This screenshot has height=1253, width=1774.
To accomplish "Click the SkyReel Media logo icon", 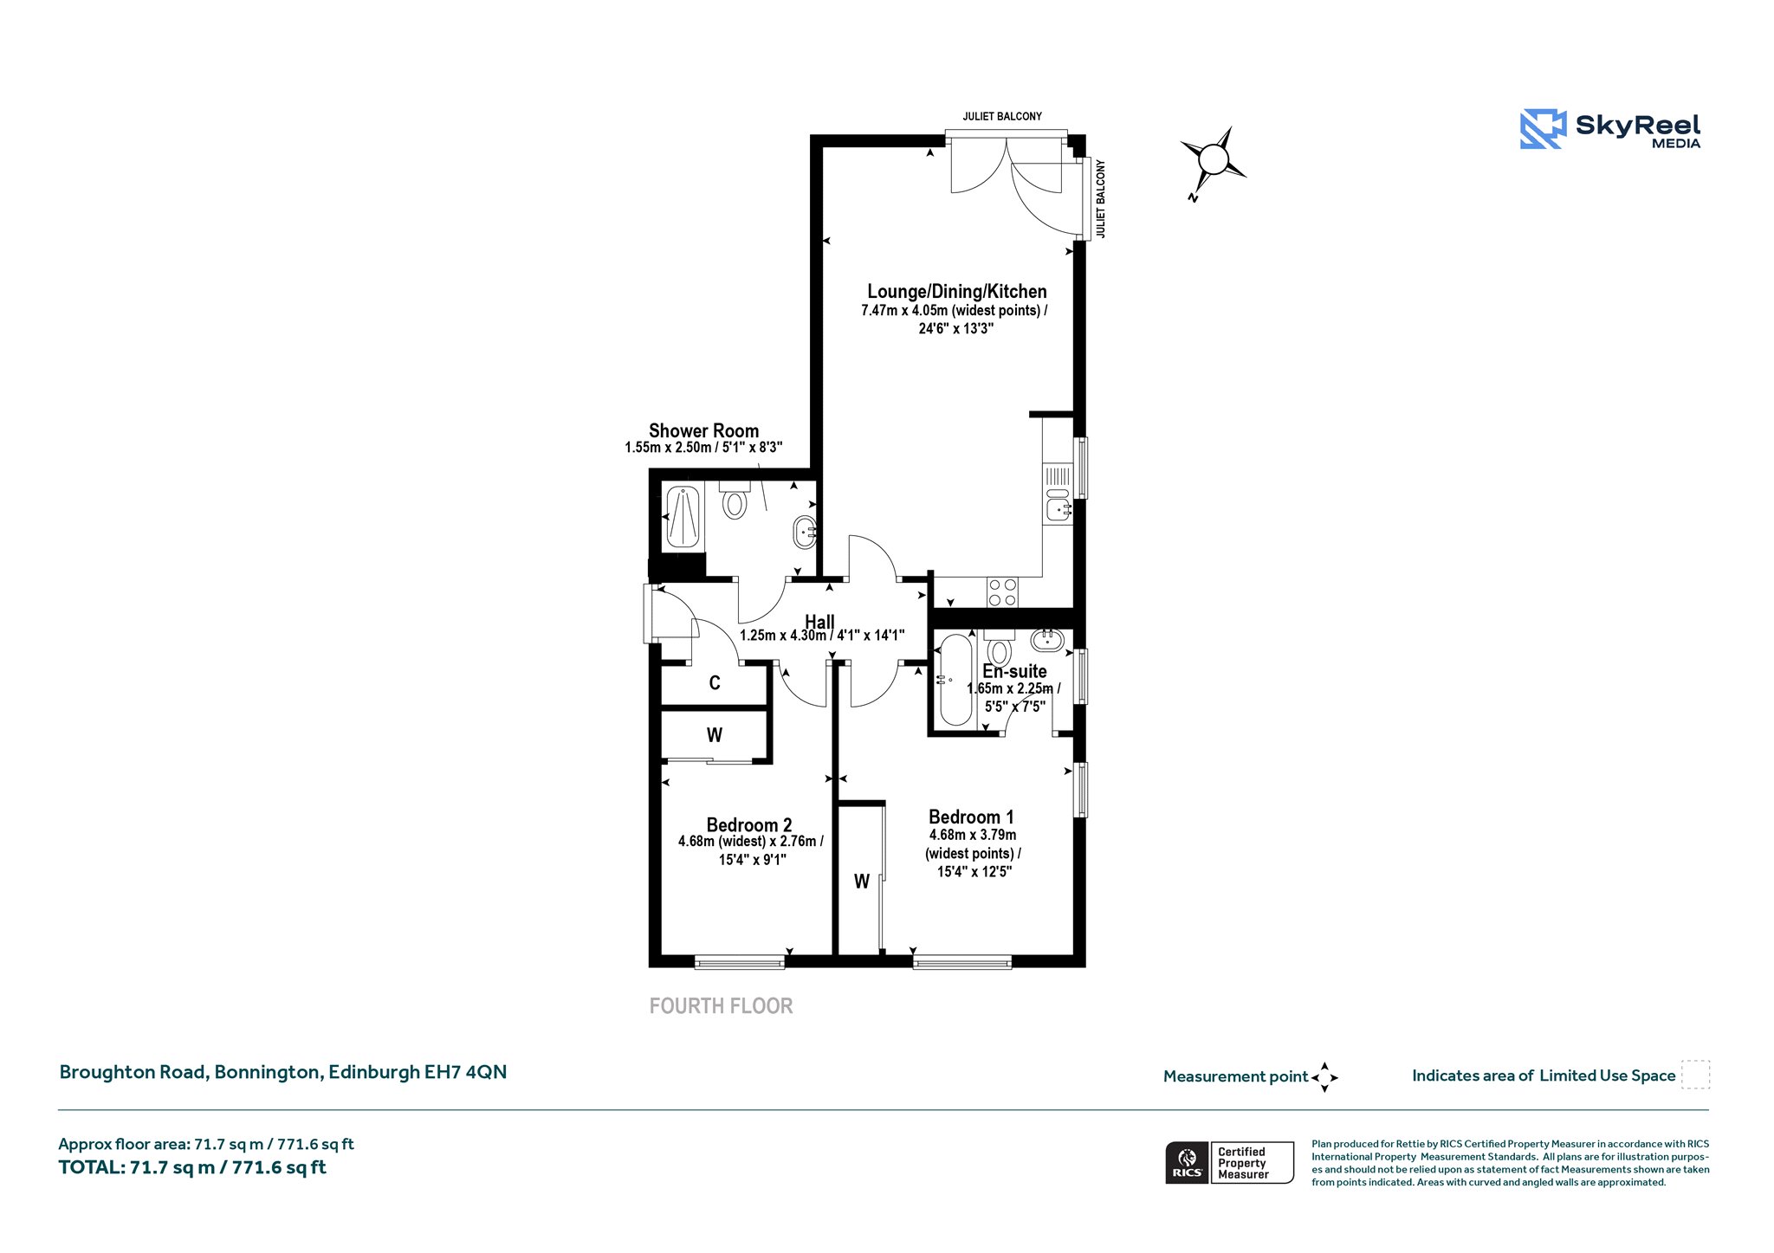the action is tap(1543, 129).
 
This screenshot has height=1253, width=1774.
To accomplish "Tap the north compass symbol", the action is tap(1213, 160).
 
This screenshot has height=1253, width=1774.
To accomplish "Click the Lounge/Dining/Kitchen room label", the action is tap(956, 292).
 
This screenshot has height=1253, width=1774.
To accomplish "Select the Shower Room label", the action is tap(703, 430).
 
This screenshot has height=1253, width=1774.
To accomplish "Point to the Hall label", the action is tap(819, 622).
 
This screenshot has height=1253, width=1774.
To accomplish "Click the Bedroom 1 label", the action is tap(971, 817).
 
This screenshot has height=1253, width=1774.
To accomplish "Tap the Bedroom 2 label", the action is tap(749, 824).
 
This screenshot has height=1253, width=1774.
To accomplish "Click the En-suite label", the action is tap(1014, 671).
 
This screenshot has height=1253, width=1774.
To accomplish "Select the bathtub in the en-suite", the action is tap(956, 680).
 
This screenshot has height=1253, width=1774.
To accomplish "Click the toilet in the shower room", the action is tap(735, 500).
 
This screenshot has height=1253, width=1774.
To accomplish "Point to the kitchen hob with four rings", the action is tap(1002, 593).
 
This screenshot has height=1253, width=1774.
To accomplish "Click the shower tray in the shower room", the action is tap(683, 517).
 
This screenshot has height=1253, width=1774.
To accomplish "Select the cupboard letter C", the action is tap(715, 683).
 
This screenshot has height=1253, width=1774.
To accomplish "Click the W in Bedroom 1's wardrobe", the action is tap(862, 882).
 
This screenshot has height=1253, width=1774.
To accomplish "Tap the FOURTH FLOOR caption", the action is tap(722, 1006).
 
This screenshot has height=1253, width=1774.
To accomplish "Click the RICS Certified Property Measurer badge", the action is tap(1229, 1163).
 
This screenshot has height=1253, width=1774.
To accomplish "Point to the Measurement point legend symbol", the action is tap(1324, 1077).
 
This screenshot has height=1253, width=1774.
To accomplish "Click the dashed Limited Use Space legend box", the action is tap(1695, 1075).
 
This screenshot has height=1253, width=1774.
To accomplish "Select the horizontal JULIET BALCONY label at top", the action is tap(1002, 116).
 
